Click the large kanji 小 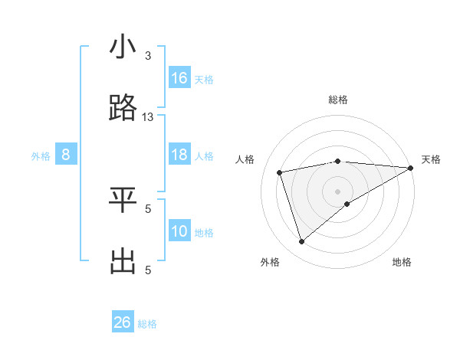point(123,47)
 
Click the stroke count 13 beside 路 point(148,116)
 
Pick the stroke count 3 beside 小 point(148,56)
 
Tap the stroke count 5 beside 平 point(148,208)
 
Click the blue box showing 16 point(179,78)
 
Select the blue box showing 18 point(179,155)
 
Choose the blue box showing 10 point(179,231)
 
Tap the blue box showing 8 point(66,155)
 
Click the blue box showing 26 point(123,322)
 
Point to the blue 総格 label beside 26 point(147,324)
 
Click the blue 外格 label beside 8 point(41,156)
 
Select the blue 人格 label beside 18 point(204,156)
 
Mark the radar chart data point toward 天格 point(411,168)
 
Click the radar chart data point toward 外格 point(301,242)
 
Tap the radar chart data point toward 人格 point(280,172)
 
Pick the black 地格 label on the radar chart point(402,262)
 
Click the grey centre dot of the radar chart point(338,191)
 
